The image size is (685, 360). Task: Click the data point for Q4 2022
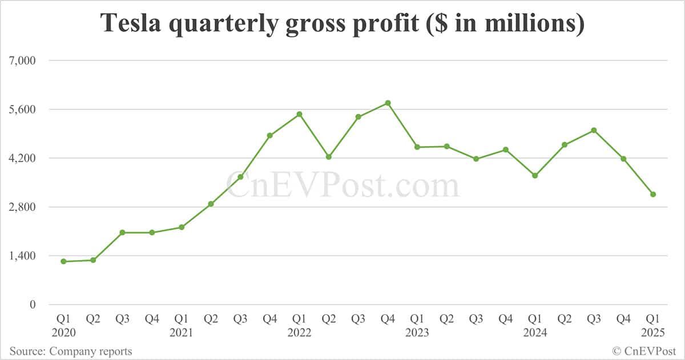point(388,103)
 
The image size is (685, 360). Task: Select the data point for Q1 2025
point(653,195)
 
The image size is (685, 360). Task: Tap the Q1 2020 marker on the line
point(63,261)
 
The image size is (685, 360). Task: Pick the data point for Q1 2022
point(299,114)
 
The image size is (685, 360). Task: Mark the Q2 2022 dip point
point(329,157)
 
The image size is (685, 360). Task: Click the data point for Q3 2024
point(594,130)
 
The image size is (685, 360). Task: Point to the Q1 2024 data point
point(535,176)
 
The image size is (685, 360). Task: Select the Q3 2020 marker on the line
point(122,232)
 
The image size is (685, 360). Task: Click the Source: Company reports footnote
point(70,351)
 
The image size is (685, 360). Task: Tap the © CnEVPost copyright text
point(644,351)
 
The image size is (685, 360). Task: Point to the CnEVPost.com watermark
point(342,185)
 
